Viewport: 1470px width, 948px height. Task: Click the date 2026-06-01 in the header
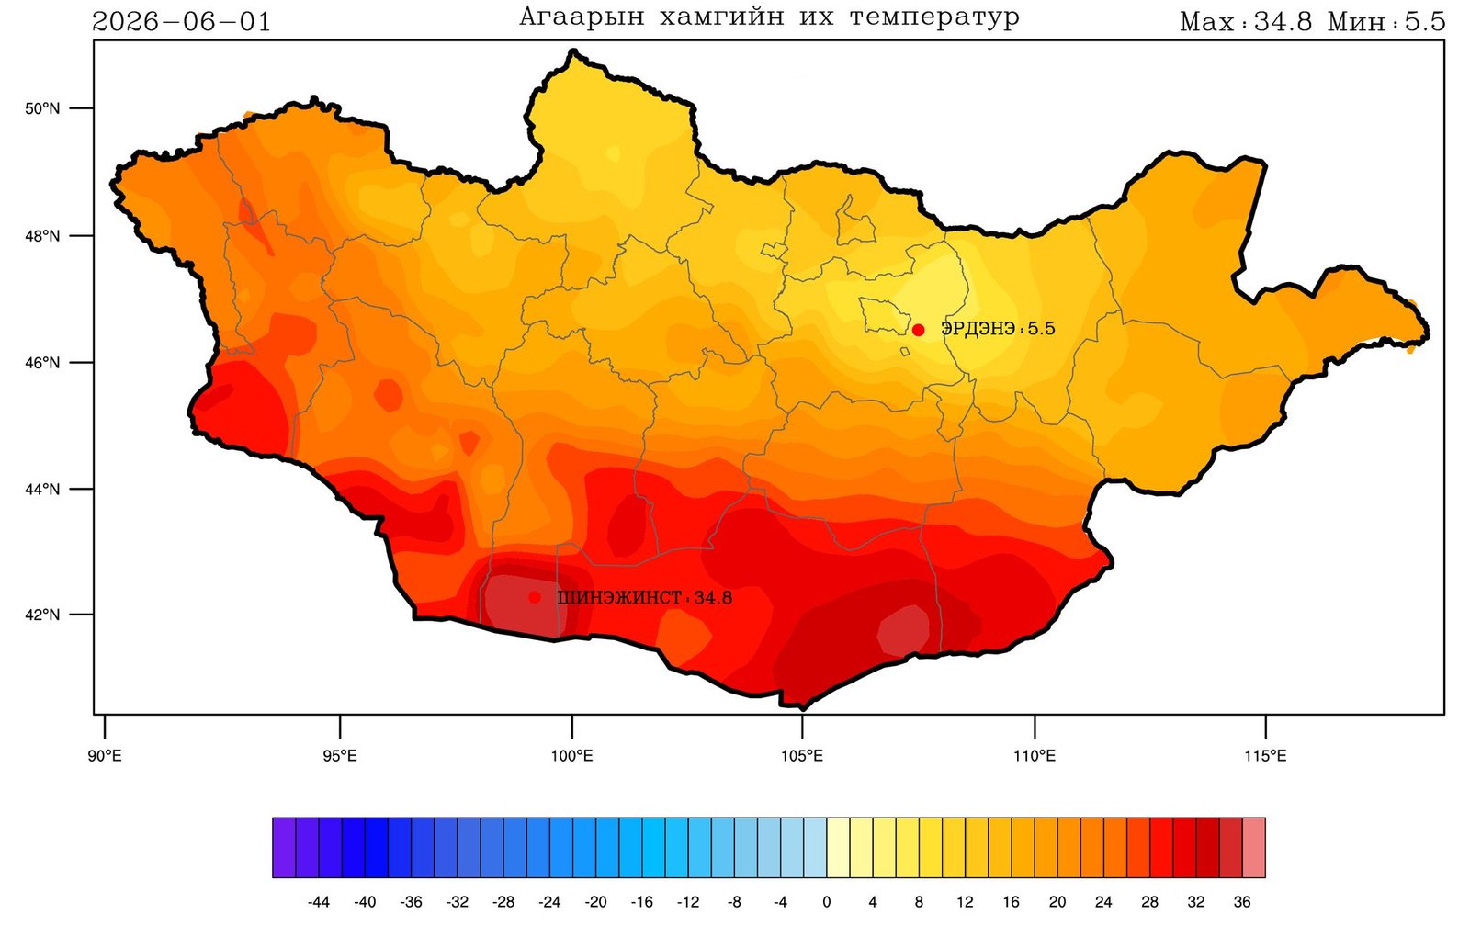181,22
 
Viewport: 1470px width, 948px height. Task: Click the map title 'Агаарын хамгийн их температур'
769,17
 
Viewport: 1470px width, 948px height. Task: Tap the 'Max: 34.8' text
1246,22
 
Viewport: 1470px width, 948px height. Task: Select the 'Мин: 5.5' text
1386,22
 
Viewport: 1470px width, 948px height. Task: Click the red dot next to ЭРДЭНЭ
918,330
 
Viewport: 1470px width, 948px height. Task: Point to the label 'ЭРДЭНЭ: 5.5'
998,328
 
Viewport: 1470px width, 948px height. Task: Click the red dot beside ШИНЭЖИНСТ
535,597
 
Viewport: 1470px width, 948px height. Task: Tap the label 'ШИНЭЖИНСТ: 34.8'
644,598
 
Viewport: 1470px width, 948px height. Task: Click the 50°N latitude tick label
42,108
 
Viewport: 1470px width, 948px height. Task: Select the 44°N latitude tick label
42,489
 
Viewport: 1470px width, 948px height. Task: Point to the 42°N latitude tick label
42,615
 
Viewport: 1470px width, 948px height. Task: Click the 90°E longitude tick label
105,756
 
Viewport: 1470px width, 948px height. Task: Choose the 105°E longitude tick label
801,756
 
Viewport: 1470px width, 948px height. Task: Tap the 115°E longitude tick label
1265,756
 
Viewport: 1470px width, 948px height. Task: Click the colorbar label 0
826,902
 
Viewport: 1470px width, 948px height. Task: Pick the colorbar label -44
318,902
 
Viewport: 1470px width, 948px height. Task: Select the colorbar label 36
1241,902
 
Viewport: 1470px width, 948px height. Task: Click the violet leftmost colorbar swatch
284,848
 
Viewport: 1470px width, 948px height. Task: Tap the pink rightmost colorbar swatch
1253,848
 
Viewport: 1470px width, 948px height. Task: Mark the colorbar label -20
595,902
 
